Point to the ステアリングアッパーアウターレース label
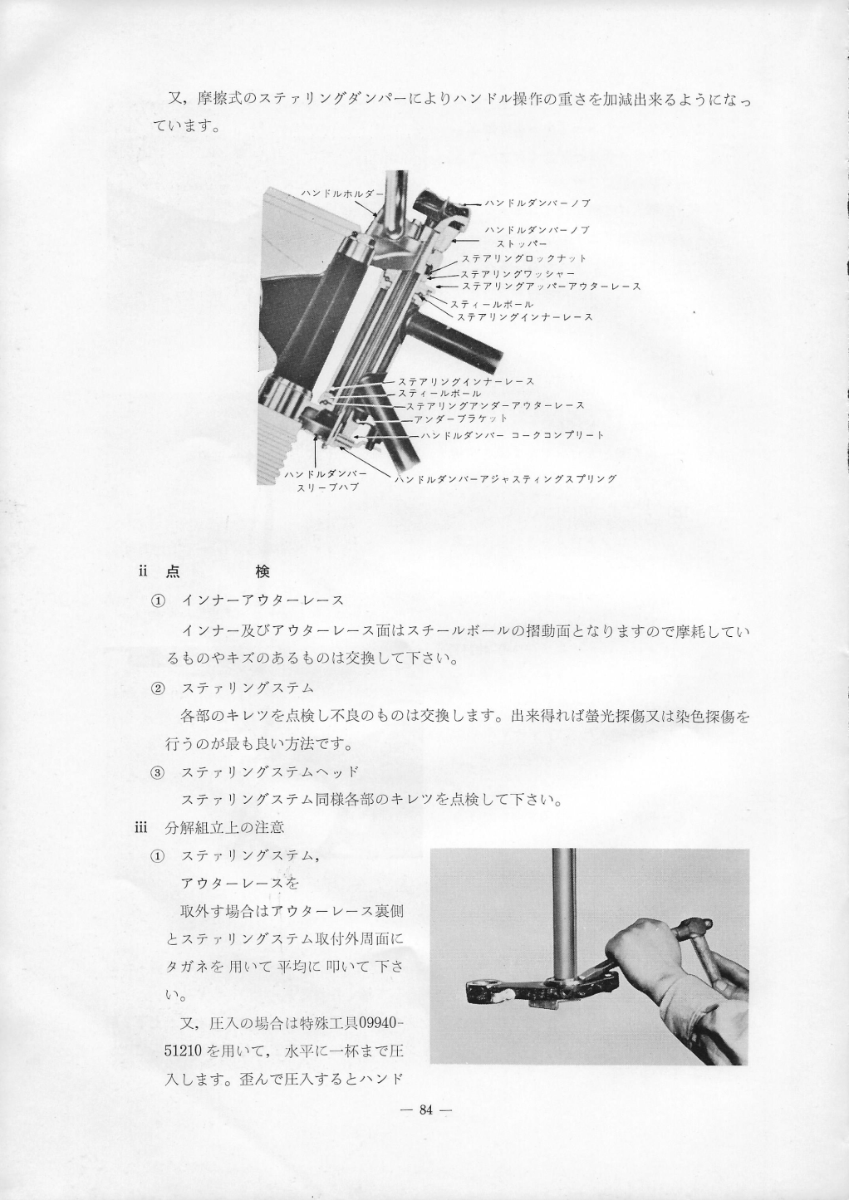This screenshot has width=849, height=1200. click(x=551, y=287)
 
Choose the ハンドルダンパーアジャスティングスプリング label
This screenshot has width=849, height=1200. click(x=505, y=479)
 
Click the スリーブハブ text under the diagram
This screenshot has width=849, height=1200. click(x=327, y=487)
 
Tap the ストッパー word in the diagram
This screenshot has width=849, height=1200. click(x=522, y=244)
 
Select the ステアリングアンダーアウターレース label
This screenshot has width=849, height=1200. click(x=495, y=406)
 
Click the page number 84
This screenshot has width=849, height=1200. click(x=425, y=1111)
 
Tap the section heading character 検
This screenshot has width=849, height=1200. click(x=263, y=572)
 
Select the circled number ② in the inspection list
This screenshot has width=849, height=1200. click(x=157, y=688)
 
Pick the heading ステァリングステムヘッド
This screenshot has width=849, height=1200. click(x=270, y=772)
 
